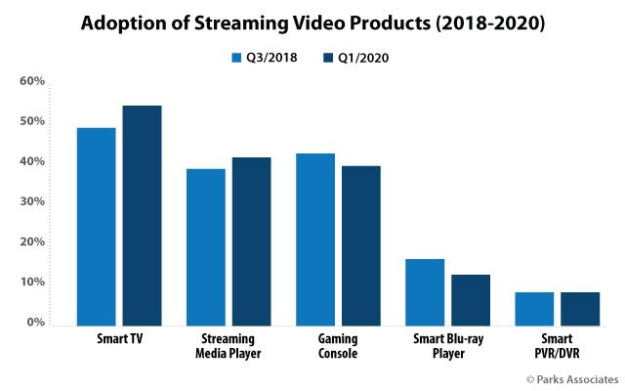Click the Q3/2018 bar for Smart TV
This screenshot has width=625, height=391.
coord(96,225)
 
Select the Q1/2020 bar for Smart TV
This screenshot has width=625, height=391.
coord(142,214)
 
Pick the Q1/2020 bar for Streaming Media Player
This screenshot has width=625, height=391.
coord(251,239)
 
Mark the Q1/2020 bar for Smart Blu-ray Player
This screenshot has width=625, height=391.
coord(470,298)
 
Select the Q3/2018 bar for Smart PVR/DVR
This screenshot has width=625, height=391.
coord(534,307)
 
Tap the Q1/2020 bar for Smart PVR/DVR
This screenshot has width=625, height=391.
coord(580,307)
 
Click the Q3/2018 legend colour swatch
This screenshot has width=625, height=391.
coord(236,57)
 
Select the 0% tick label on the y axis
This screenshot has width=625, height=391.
coord(35,322)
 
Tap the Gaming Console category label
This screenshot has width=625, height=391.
coord(337,345)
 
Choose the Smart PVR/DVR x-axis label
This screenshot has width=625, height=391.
coord(557,345)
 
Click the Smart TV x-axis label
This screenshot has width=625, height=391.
coord(118,338)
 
